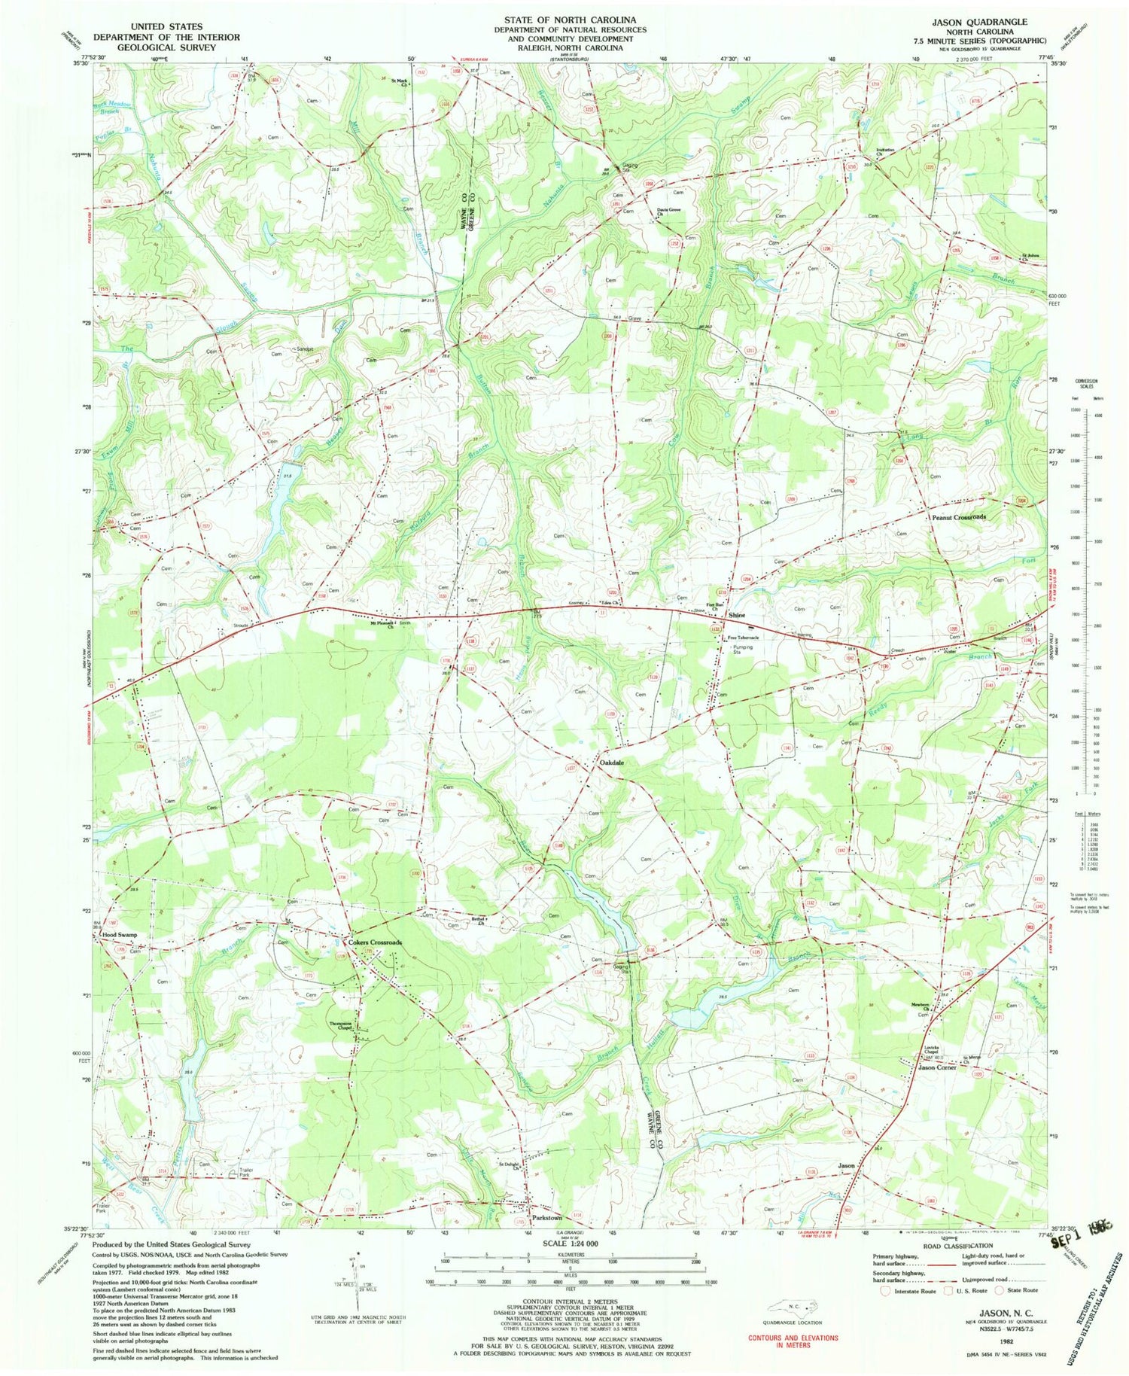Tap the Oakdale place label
pos(611,763)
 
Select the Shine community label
pos(736,616)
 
